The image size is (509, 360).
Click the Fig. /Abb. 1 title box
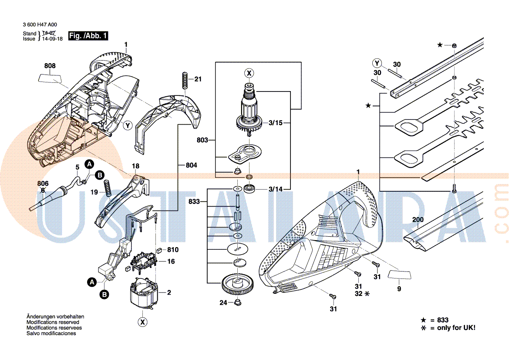pyautogui.click(x=88, y=36)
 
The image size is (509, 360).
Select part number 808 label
pyautogui.click(x=50, y=66)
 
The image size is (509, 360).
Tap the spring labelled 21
pyautogui.click(x=185, y=81)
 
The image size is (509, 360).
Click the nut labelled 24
pyautogui.click(x=238, y=302)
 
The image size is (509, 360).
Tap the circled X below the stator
pyautogui.click(x=142, y=322)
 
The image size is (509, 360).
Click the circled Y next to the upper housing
pyautogui.click(x=128, y=126)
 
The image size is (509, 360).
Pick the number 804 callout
pyautogui.click(x=191, y=165)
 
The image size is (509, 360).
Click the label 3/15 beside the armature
pyautogui.click(x=276, y=123)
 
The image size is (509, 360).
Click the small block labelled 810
pyautogui.click(x=159, y=250)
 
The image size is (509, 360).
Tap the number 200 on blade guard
pyautogui.click(x=418, y=220)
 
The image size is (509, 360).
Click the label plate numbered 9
pyautogui.click(x=399, y=274)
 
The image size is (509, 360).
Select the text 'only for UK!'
pyautogui.click(x=456, y=328)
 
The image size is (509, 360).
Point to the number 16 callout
pyautogui.click(x=171, y=262)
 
